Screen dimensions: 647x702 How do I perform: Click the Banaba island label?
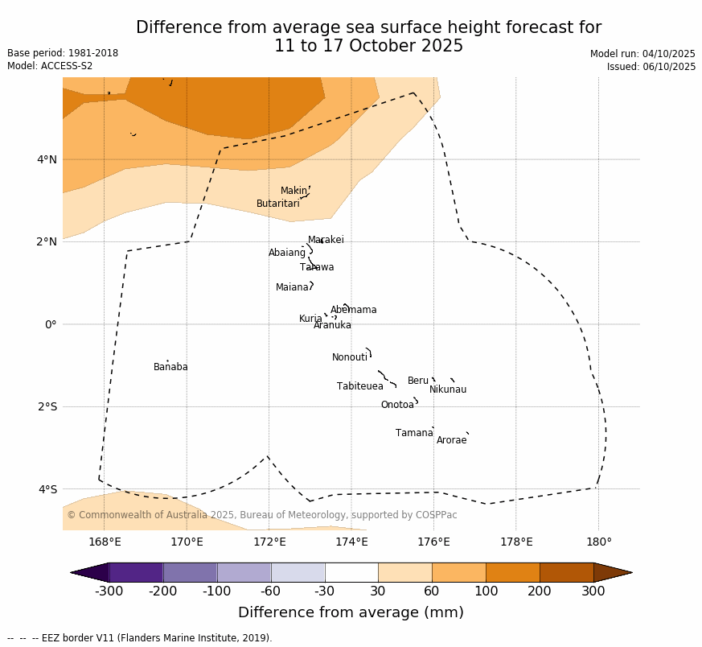pos(170,368)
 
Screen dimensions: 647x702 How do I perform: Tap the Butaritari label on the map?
pos(277,204)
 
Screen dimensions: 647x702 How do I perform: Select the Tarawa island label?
pos(317,268)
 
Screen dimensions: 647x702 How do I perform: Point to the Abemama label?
pos(353,311)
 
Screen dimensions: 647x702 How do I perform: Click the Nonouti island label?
pos(349,358)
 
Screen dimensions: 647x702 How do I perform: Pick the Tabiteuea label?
pos(359,387)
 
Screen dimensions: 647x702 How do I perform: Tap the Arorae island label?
pos(451,441)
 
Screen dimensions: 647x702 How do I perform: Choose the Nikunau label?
pos(447,390)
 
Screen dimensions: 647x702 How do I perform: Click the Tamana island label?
pos(414,434)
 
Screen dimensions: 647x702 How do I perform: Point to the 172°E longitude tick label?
pos(269,542)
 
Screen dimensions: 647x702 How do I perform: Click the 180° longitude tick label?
pos(598,542)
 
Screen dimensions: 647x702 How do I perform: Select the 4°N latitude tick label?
pos(47,159)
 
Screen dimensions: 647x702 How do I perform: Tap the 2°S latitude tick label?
pos(47,407)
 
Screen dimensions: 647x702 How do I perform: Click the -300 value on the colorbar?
pos(109,591)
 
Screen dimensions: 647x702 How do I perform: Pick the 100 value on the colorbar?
pos(486,591)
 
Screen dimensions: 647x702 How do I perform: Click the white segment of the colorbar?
pos(351,572)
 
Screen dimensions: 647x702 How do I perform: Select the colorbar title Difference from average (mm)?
pos(351,613)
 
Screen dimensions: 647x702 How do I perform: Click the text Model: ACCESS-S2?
pos(50,66)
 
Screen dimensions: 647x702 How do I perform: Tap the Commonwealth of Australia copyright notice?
pos(262,515)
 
